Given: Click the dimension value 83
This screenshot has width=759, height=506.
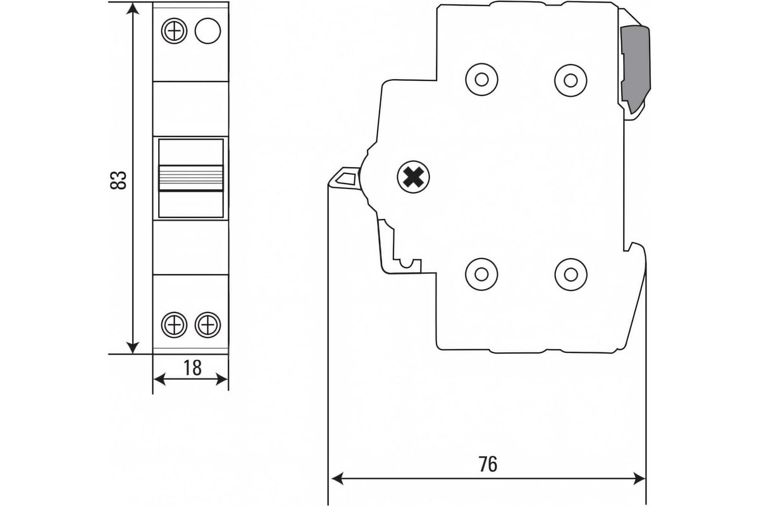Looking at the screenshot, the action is pyautogui.click(x=118, y=180).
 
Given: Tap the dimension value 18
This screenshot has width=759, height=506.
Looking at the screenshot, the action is pyautogui.click(x=192, y=367).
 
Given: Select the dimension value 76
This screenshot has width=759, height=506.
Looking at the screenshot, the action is pyautogui.click(x=488, y=464).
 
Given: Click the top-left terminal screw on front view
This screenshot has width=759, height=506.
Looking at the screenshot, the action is pyautogui.click(x=174, y=31).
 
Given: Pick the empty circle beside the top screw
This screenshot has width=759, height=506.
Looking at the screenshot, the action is pyautogui.click(x=207, y=31).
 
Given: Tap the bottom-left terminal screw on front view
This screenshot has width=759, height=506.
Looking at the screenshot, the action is pyautogui.click(x=174, y=324).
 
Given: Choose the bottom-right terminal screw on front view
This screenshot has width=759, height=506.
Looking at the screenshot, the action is pyautogui.click(x=207, y=324).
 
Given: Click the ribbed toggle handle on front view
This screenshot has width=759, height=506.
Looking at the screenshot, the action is pyautogui.click(x=191, y=178).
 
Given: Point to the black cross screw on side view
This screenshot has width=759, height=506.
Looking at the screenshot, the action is pyautogui.click(x=413, y=177).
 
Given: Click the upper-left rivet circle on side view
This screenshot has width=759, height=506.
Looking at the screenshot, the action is pyautogui.click(x=481, y=80).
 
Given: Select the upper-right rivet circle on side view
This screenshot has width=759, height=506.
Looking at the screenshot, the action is pyautogui.click(x=571, y=80).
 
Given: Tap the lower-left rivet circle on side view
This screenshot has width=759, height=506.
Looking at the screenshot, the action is pyautogui.click(x=481, y=274).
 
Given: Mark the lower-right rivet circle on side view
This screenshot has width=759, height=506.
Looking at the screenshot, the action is pyautogui.click(x=571, y=275).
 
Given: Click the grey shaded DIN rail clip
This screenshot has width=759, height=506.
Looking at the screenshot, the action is pyautogui.click(x=635, y=68).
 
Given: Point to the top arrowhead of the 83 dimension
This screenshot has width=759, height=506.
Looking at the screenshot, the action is pyautogui.click(x=132, y=9).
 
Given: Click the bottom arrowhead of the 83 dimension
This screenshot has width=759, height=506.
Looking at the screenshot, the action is pyautogui.click(x=132, y=348).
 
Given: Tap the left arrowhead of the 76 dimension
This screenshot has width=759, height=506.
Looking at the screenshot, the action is pyautogui.click(x=338, y=479).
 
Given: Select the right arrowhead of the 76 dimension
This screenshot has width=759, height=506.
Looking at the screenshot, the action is pyautogui.click(x=639, y=479).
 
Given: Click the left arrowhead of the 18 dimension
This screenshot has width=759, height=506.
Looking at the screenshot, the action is pyautogui.click(x=159, y=379).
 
